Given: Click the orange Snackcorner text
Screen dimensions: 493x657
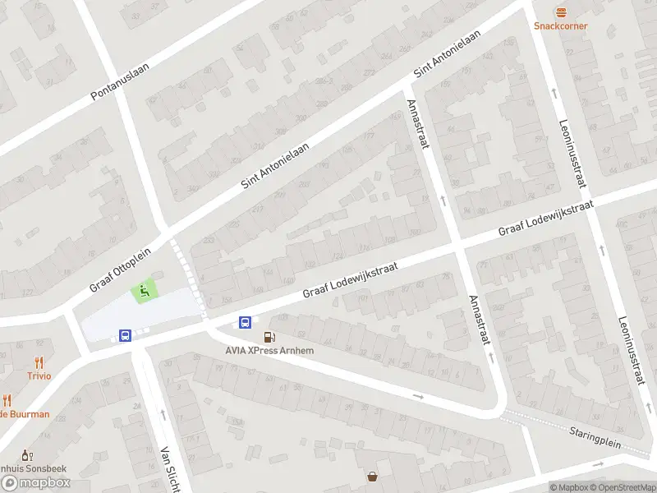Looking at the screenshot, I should [561, 25].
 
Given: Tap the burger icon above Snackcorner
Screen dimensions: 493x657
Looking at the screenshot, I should [561, 12].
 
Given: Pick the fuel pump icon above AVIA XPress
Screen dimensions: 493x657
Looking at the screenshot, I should [269, 337].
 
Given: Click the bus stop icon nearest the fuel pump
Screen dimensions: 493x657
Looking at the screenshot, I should [245, 322].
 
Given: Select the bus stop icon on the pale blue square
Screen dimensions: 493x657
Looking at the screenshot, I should [125, 335].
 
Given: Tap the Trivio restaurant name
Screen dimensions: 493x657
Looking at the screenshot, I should [38, 376].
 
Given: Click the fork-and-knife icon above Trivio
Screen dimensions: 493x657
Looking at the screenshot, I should [38, 362].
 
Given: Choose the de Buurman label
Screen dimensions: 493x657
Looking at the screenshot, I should [26, 414].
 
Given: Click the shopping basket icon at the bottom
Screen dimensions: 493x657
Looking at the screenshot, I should [373, 476].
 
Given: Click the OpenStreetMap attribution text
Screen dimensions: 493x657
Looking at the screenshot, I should [623, 487].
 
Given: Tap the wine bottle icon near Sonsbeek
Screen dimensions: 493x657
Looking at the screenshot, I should [25, 454].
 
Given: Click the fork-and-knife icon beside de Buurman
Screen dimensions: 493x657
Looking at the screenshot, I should [7, 400].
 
